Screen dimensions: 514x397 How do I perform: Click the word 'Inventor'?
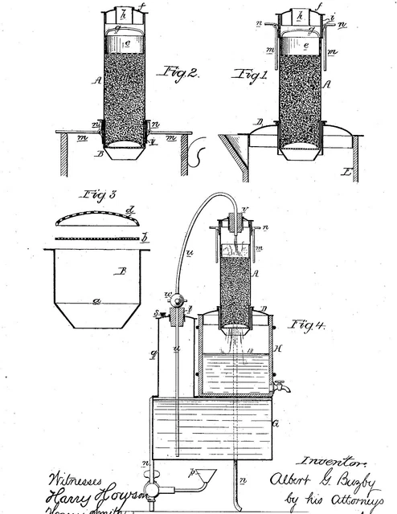click(x=329, y=463)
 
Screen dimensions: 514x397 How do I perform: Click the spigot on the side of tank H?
click(x=280, y=386)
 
